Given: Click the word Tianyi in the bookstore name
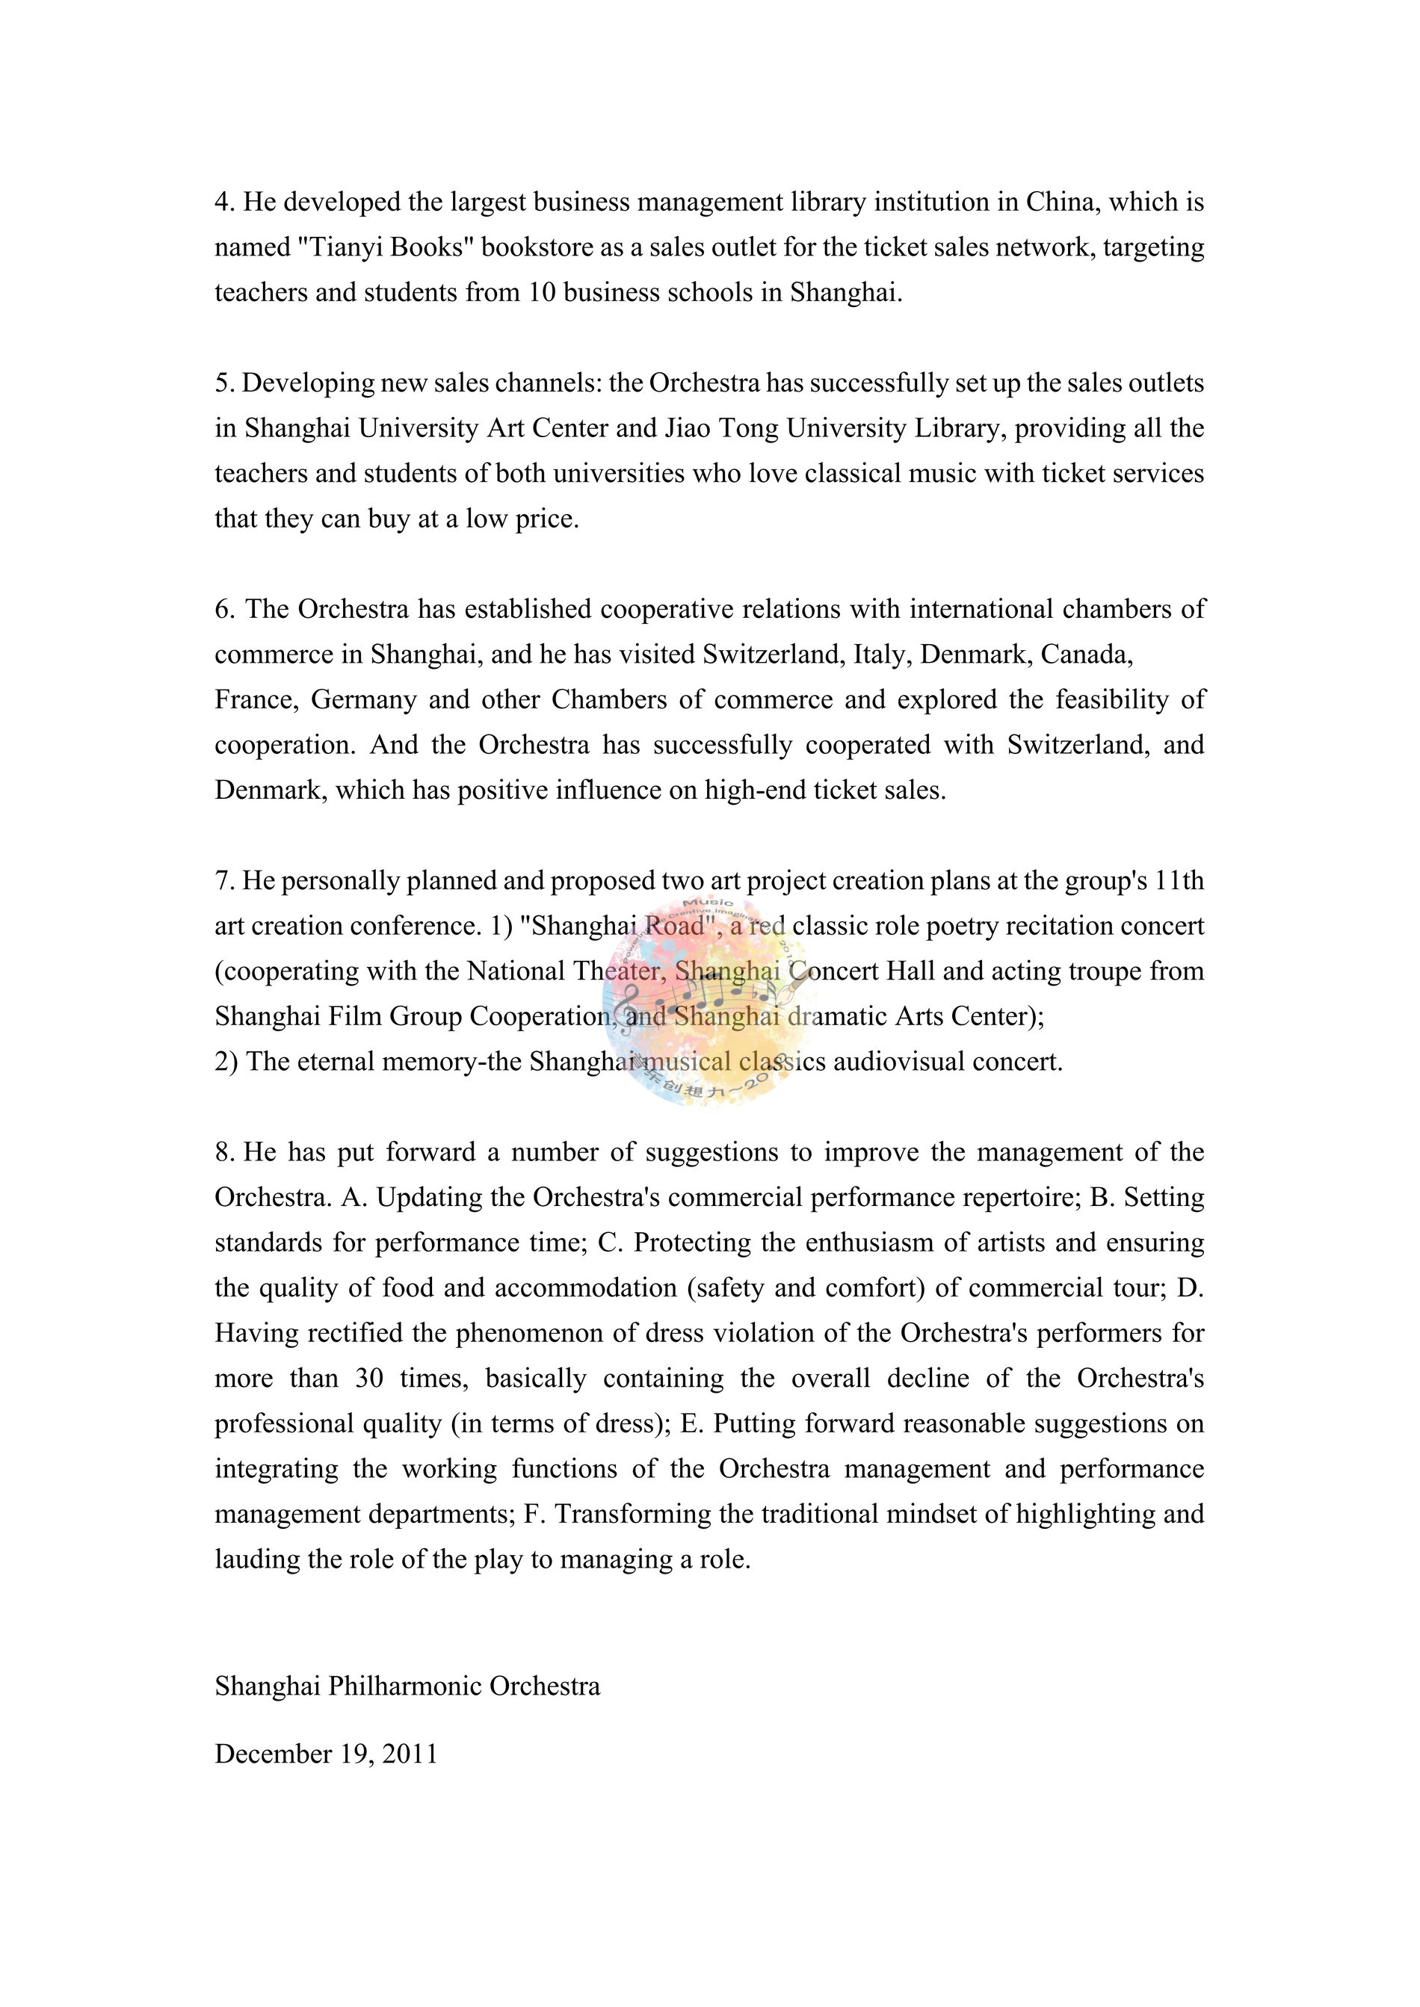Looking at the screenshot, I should point(342,247).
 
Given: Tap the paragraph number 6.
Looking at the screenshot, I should point(225,609).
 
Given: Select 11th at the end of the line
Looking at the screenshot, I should point(1179,881).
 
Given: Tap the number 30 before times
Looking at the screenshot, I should point(369,1379).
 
